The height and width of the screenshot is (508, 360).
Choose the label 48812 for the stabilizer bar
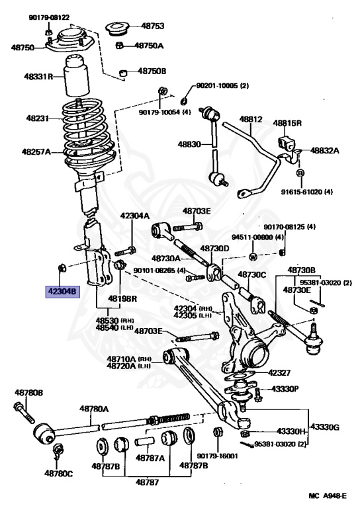point(251,120)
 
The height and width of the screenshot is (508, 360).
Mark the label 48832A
point(324,151)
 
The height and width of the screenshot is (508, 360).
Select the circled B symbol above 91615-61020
point(300,173)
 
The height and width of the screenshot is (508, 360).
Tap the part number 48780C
point(58,473)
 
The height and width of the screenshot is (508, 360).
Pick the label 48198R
point(122,299)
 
